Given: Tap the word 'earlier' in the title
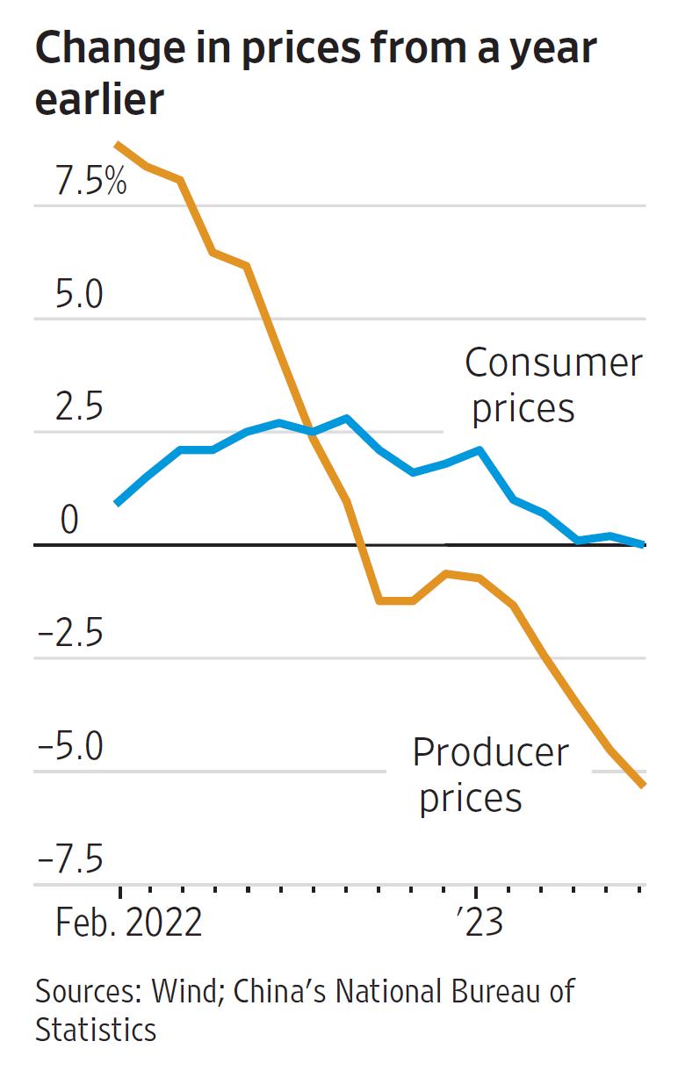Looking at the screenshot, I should (99, 100).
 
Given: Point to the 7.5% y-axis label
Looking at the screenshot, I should (91, 183).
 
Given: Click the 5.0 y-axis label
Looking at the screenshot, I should (79, 296).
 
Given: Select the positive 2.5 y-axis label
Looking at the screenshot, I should (79, 409).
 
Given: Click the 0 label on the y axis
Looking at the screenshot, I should (69, 521).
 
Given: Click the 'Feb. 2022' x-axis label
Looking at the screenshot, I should (129, 923).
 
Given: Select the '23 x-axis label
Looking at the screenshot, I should (479, 923).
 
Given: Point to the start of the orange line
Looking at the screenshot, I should (118, 144).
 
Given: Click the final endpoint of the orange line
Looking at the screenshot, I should (643, 785).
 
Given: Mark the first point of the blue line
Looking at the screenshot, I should (118, 503).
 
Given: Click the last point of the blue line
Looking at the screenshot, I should (643, 544).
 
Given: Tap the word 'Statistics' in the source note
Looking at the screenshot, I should (96, 1029).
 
